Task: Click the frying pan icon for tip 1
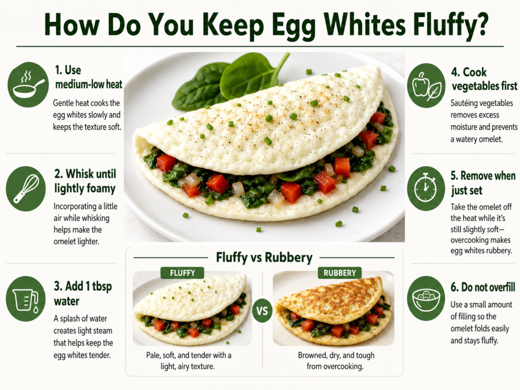click(28, 85)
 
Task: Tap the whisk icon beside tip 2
click(26, 189)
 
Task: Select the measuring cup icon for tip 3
click(26, 299)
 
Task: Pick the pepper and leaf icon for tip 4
click(426, 85)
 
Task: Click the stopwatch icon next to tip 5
click(426, 188)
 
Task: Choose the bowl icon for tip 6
click(426, 298)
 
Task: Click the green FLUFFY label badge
click(182, 273)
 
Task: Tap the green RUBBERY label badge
click(340, 273)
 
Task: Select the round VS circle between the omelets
click(262, 311)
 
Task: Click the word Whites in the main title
click(363, 25)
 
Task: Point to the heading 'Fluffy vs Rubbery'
click(264, 257)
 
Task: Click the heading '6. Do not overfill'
click(483, 287)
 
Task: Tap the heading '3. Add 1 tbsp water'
click(83, 294)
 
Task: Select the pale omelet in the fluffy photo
click(191, 308)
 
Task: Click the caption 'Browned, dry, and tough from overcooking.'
click(336, 361)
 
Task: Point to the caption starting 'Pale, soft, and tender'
click(188, 361)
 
